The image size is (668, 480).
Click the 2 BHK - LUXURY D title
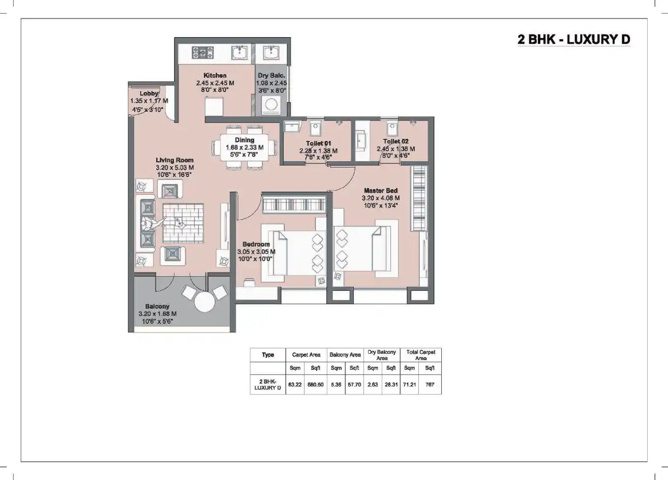[x=573, y=40]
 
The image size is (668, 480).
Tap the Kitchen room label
[x=215, y=75]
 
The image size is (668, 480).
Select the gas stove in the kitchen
[x=202, y=52]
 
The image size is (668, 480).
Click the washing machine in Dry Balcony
[x=271, y=105]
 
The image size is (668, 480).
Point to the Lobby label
[x=149, y=94]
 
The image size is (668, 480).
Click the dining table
[x=245, y=147]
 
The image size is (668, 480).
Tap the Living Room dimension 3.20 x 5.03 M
[x=174, y=167]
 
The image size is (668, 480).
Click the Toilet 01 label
[x=318, y=143]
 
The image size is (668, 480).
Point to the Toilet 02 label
[x=396, y=141]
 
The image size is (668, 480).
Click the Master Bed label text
[x=380, y=191]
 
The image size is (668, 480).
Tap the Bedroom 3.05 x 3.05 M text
[x=256, y=251]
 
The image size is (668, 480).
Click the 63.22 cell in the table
[x=295, y=384]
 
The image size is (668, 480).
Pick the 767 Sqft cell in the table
[x=430, y=384]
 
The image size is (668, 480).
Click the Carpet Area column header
[x=306, y=355]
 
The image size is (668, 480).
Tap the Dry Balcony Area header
[x=382, y=355]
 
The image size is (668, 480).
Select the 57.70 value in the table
[x=354, y=384]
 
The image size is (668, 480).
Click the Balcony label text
[x=157, y=307]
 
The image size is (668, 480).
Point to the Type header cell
[x=268, y=355]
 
